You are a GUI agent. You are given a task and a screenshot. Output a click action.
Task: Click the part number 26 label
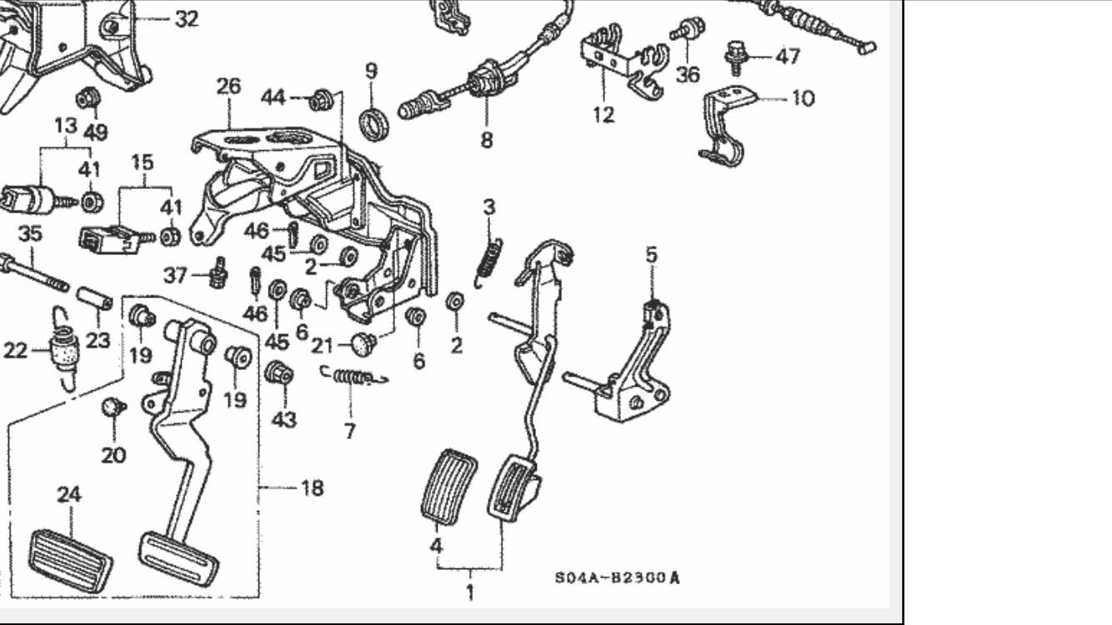coord(228,86)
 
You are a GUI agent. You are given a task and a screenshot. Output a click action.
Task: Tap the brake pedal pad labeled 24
coord(70,559)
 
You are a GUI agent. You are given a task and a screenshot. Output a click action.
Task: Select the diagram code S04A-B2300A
coord(618,577)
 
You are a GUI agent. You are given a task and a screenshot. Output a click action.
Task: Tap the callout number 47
coord(788,56)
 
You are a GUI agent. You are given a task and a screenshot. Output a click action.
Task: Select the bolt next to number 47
coord(737,56)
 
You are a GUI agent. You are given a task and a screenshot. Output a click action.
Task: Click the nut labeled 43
coord(278,373)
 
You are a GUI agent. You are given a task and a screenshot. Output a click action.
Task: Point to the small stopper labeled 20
coord(113,407)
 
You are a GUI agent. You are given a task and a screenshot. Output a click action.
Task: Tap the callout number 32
coord(187,18)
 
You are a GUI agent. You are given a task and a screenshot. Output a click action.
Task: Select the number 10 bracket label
coord(802,98)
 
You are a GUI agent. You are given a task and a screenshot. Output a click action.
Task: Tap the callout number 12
coord(604,115)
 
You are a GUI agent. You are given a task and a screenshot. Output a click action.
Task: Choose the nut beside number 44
coord(320,101)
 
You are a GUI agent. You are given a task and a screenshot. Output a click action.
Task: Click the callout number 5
coord(651,255)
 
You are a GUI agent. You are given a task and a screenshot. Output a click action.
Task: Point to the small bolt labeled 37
coord(219,272)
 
